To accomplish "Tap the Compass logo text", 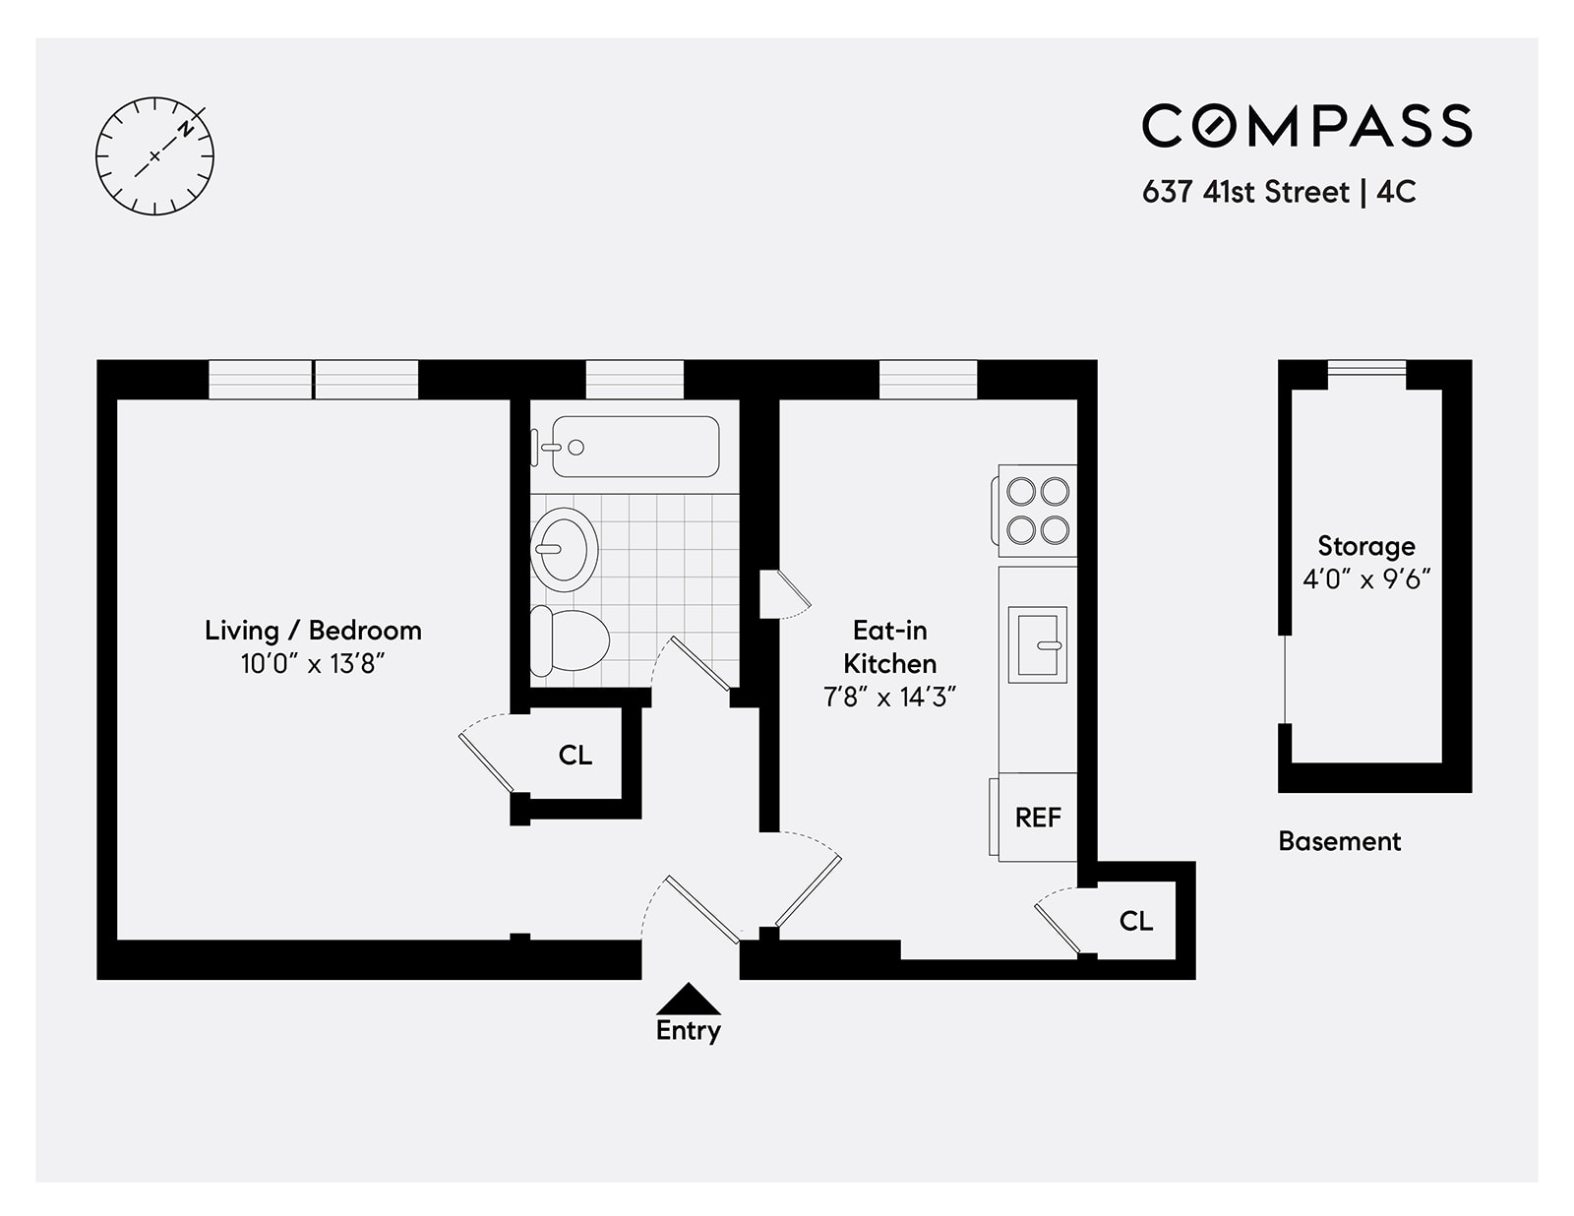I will [1306, 126].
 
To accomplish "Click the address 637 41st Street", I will [1245, 192].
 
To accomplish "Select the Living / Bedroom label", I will [313, 631].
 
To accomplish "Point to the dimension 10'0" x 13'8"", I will [313, 664].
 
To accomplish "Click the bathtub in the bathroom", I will [636, 448].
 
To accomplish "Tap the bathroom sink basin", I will [564, 549].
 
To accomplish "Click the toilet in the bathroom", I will [569, 640].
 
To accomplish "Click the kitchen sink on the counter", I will [1037, 645].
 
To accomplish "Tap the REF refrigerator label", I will [1038, 818].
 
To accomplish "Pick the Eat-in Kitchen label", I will [889, 646].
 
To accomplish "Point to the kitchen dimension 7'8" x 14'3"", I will [889, 698].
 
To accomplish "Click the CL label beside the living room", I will [575, 756].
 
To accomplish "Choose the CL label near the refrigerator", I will [1136, 921].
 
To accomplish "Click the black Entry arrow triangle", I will [689, 1000].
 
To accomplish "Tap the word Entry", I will [689, 1030].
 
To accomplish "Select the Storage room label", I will [1366, 546].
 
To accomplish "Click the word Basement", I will [1339, 841].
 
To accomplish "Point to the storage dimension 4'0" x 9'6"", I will [1366, 578].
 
